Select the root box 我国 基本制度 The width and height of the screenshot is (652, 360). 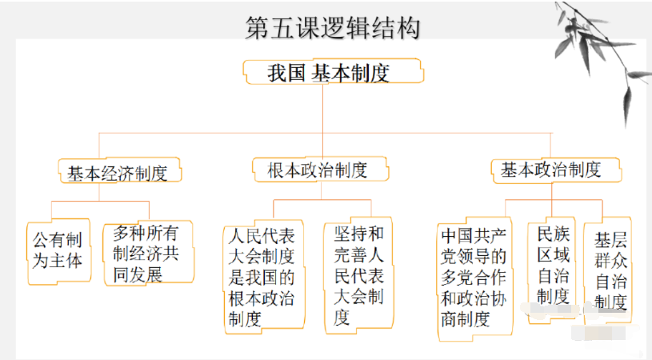coord(332,73)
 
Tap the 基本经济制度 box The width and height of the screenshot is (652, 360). coord(118,172)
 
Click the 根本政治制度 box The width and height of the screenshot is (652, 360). coord(318,170)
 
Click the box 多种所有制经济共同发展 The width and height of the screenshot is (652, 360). coord(148,253)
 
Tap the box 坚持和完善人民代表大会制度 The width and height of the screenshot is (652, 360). coord(358,275)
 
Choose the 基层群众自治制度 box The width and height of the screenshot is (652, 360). coord(610,271)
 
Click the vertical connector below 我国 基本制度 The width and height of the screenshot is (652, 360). coord(322,108)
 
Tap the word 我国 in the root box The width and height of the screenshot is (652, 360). coord(286,74)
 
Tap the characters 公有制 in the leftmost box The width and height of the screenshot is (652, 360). coord(58,239)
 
